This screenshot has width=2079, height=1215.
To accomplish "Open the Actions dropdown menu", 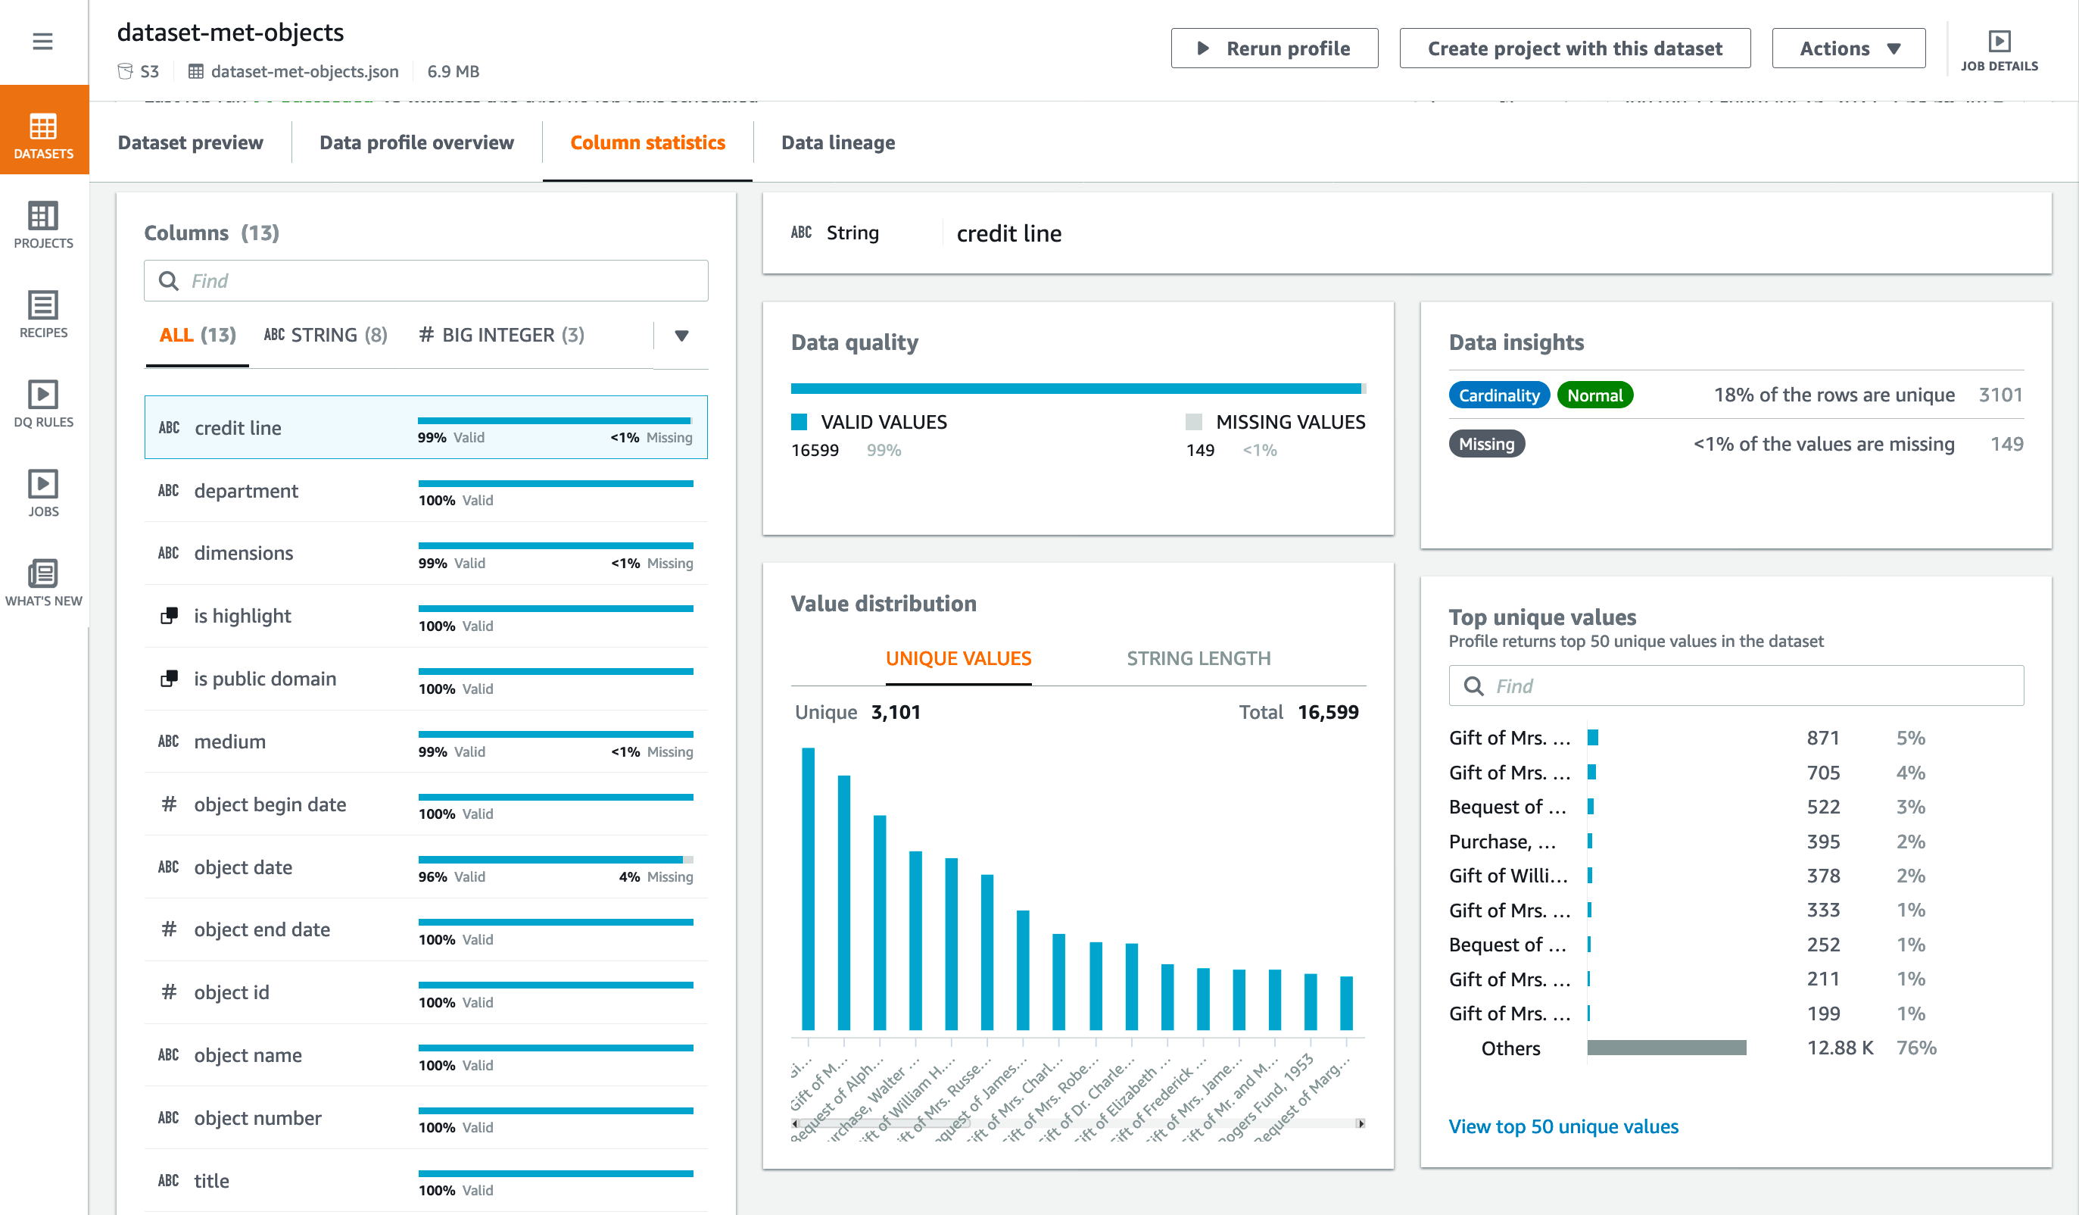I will point(1848,48).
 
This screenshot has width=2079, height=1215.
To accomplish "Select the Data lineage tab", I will point(837,143).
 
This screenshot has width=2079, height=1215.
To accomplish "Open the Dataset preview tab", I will point(191,143).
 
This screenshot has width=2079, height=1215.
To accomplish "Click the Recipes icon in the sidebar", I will point(43,314).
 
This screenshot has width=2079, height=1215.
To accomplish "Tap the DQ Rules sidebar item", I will point(43,404).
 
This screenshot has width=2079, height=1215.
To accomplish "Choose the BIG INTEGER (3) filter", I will point(502,335).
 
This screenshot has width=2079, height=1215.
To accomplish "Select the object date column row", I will point(425,867).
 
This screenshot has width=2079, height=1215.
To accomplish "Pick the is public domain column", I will point(425,679).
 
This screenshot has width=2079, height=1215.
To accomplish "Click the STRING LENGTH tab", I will point(1198,659).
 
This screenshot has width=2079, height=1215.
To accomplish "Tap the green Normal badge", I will point(1594,395).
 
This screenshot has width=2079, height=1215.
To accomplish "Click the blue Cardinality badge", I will point(1498,395).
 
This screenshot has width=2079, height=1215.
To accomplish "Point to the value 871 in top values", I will point(1822,738).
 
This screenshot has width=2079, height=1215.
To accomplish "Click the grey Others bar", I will point(1666,1048).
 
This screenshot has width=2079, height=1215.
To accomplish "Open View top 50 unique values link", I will point(1563,1126).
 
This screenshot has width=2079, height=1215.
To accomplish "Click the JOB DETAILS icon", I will point(1998,49).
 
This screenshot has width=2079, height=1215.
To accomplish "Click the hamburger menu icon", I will point(43,41).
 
